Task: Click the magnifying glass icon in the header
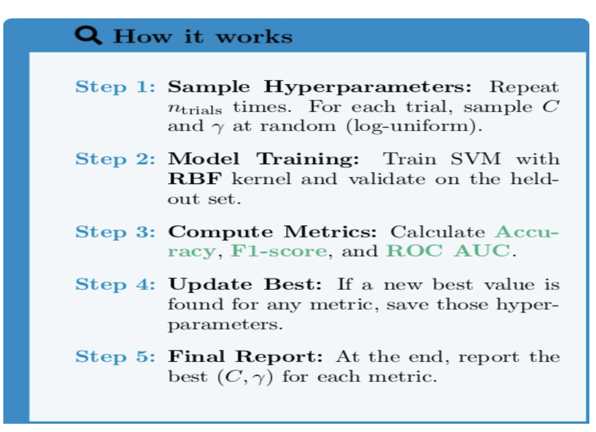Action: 88,35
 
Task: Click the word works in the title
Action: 254,37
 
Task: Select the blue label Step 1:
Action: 115,87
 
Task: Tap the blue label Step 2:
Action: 115,159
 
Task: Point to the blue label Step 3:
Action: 115,231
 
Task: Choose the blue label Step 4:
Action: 115,285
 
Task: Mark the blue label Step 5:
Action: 115,357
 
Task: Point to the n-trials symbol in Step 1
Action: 195,107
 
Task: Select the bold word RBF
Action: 196,179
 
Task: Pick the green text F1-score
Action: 279,251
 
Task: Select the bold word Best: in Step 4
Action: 299,285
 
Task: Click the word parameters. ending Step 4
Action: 225,325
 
